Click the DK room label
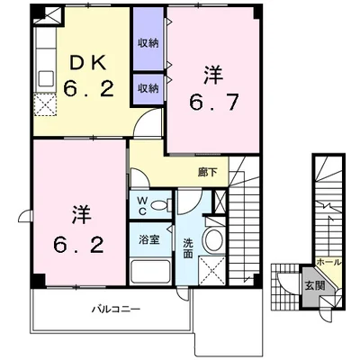pyautogui.click(x=88, y=64)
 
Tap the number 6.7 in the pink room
pyautogui.click(x=214, y=103)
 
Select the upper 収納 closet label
pyautogui.click(x=148, y=43)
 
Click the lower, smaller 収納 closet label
pyautogui.click(x=148, y=88)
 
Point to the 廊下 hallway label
pyautogui.click(x=207, y=172)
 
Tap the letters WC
pyautogui.click(x=142, y=205)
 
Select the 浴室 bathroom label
pyautogui.click(x=149, y=239)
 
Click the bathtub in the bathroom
pyautogui.click(x=151, y=272)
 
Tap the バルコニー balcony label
pyautogui.click(x=116, y=309)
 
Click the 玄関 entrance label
pyautogui.click(x=315, y=285)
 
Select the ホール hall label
pyautogui.click(x=329, y=262)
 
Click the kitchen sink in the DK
pyautogui.click(x=46, y=79)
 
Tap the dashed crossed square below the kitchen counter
pyautogui.click(x=45, y=104)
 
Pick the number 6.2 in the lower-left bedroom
pyautogui.click(x=79, y=245)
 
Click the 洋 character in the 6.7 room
pyautogui.click(x=214, y=75)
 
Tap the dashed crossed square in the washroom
pyautogui.click(x=212, y=270)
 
